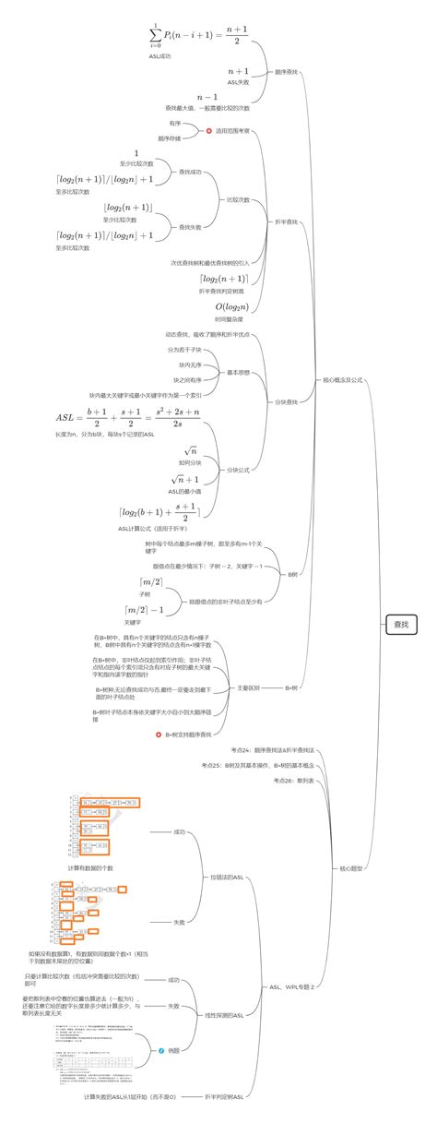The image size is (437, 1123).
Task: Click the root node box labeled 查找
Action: (403, 624)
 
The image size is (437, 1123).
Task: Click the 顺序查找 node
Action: (287, 71)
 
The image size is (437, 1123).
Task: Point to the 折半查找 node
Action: (287, 221)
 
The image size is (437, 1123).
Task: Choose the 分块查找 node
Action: (287, 402)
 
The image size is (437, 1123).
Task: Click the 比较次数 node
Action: (238, 199)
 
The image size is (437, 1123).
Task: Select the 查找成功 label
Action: (190, 172)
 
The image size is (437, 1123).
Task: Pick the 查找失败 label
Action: (190, 226)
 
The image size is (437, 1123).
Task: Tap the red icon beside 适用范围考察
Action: (208, 131)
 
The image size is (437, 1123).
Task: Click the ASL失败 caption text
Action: (238, 82)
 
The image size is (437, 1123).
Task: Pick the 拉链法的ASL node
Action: (226, 877)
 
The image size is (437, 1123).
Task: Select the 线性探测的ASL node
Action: (223, 1015)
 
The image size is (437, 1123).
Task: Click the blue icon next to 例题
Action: (161, 1050)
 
